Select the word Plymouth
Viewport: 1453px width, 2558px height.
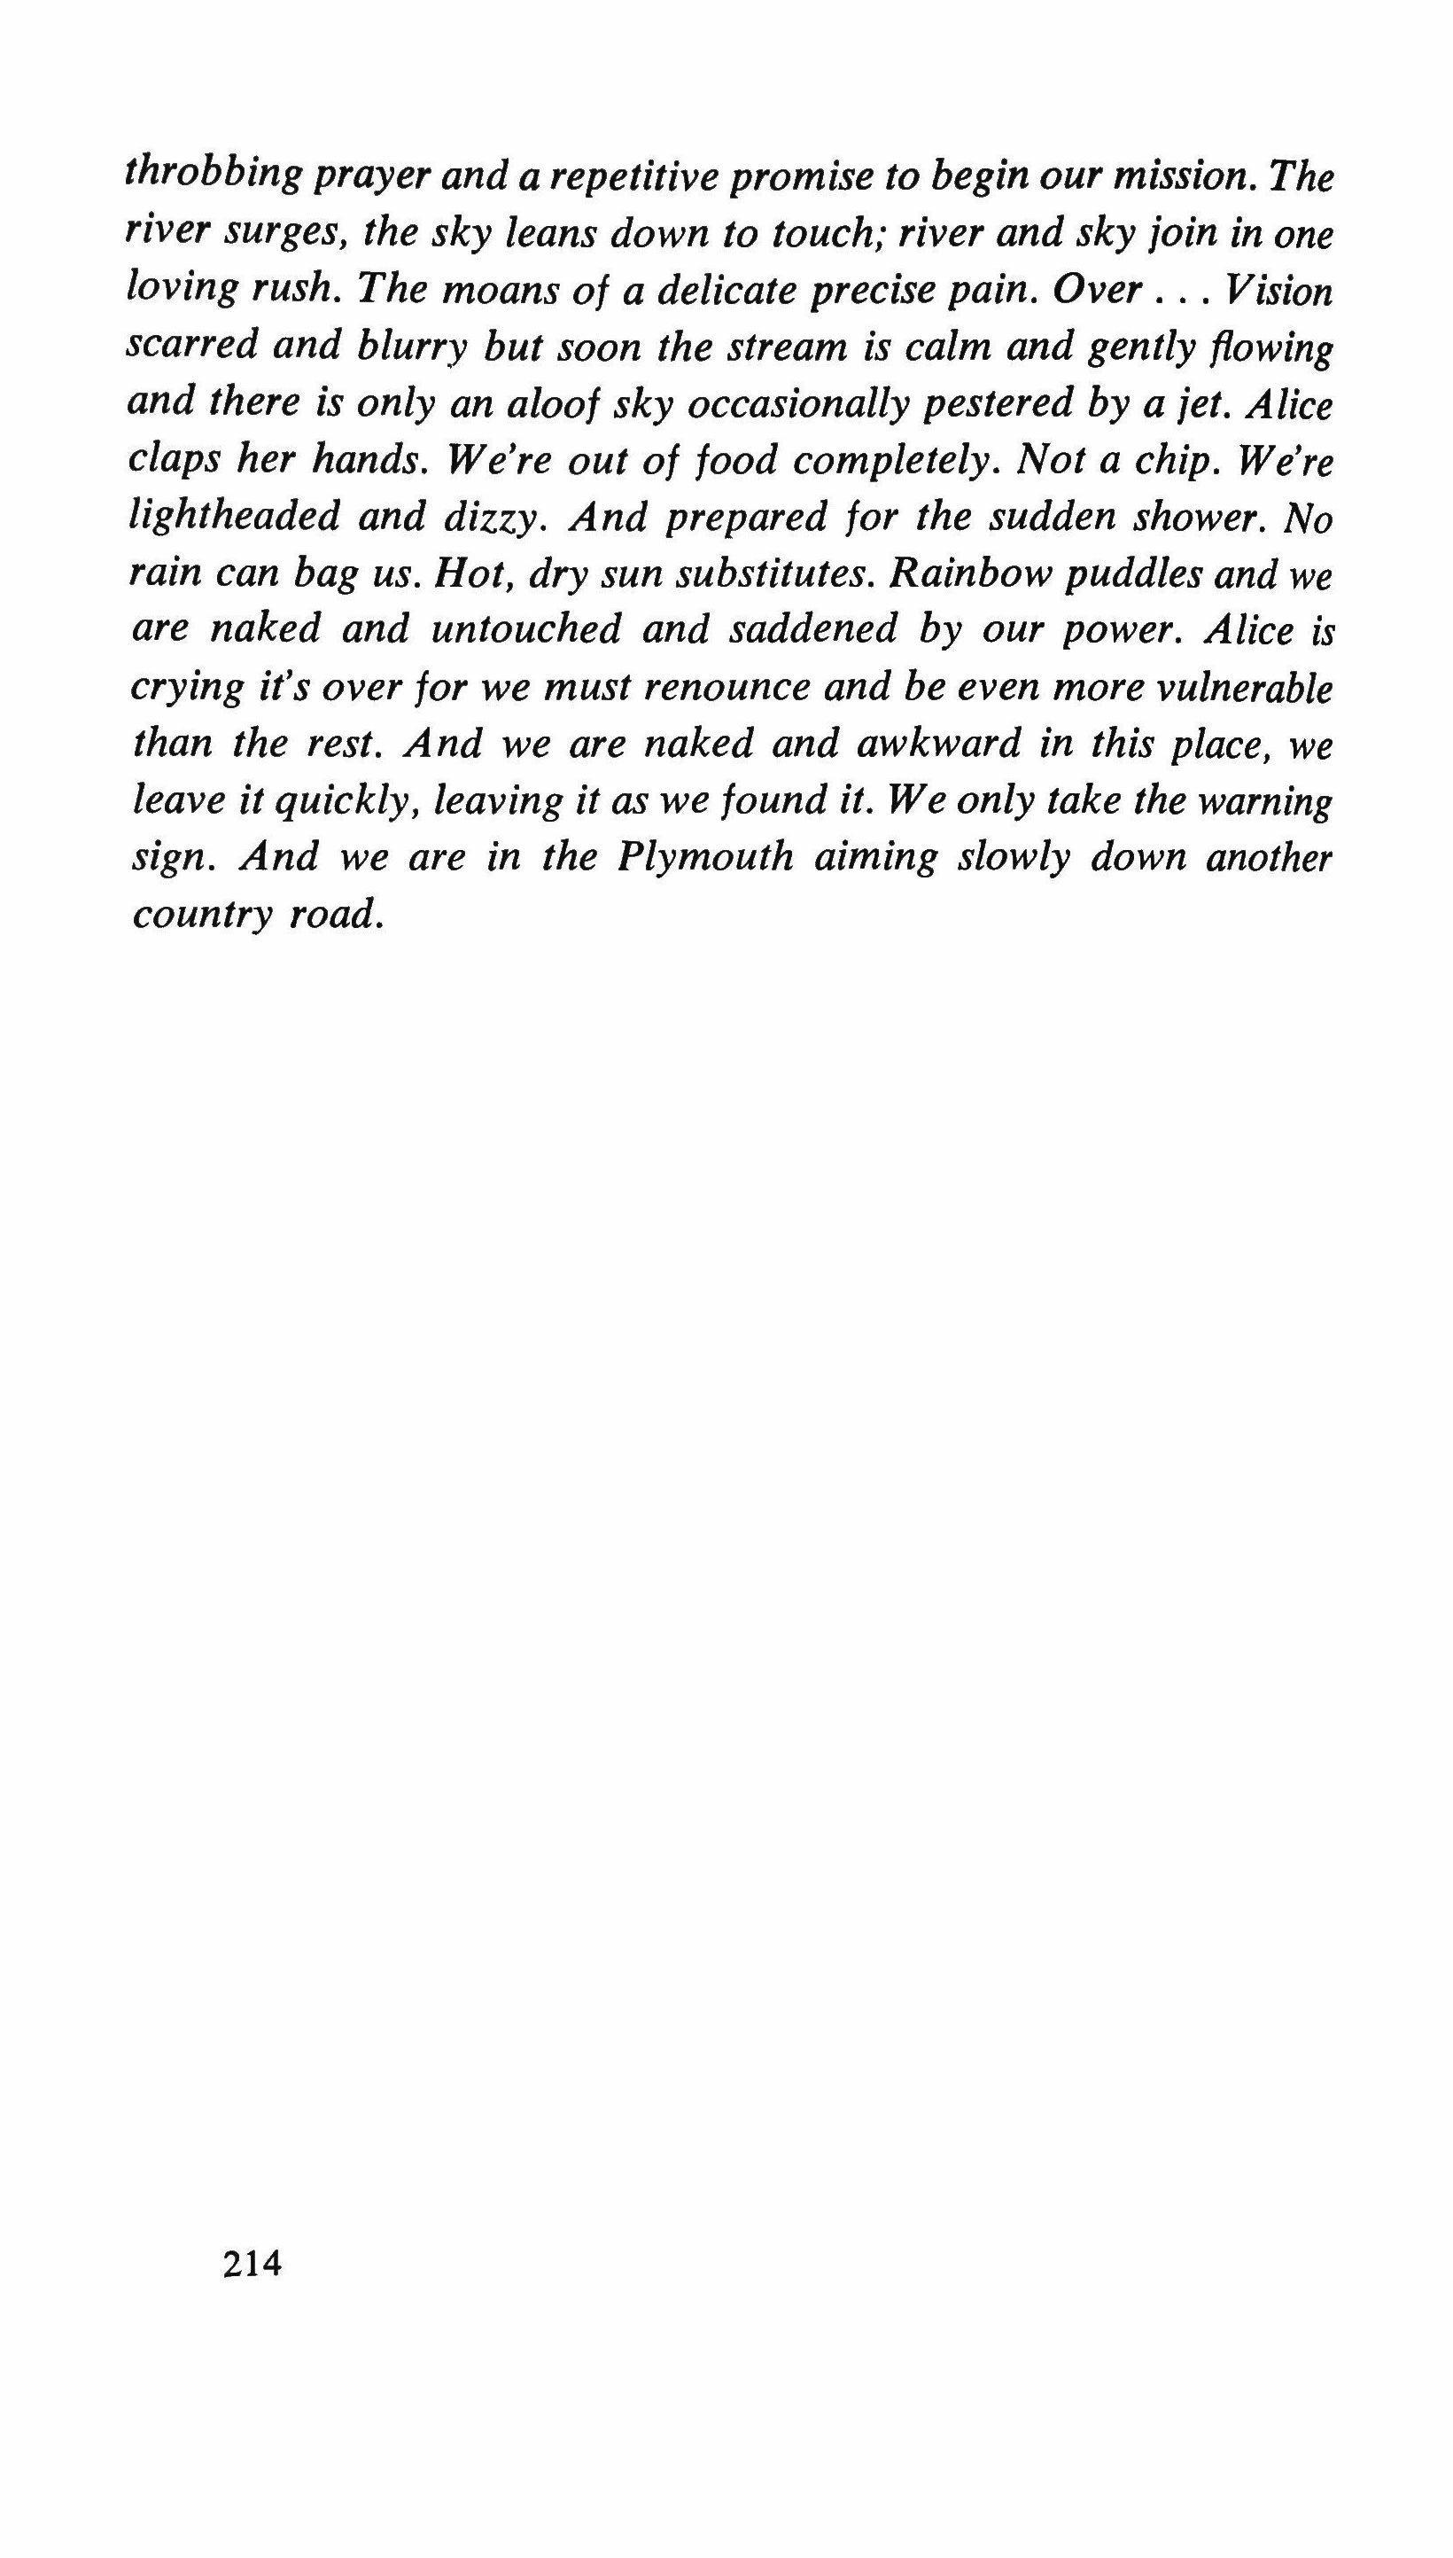[705, 857]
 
